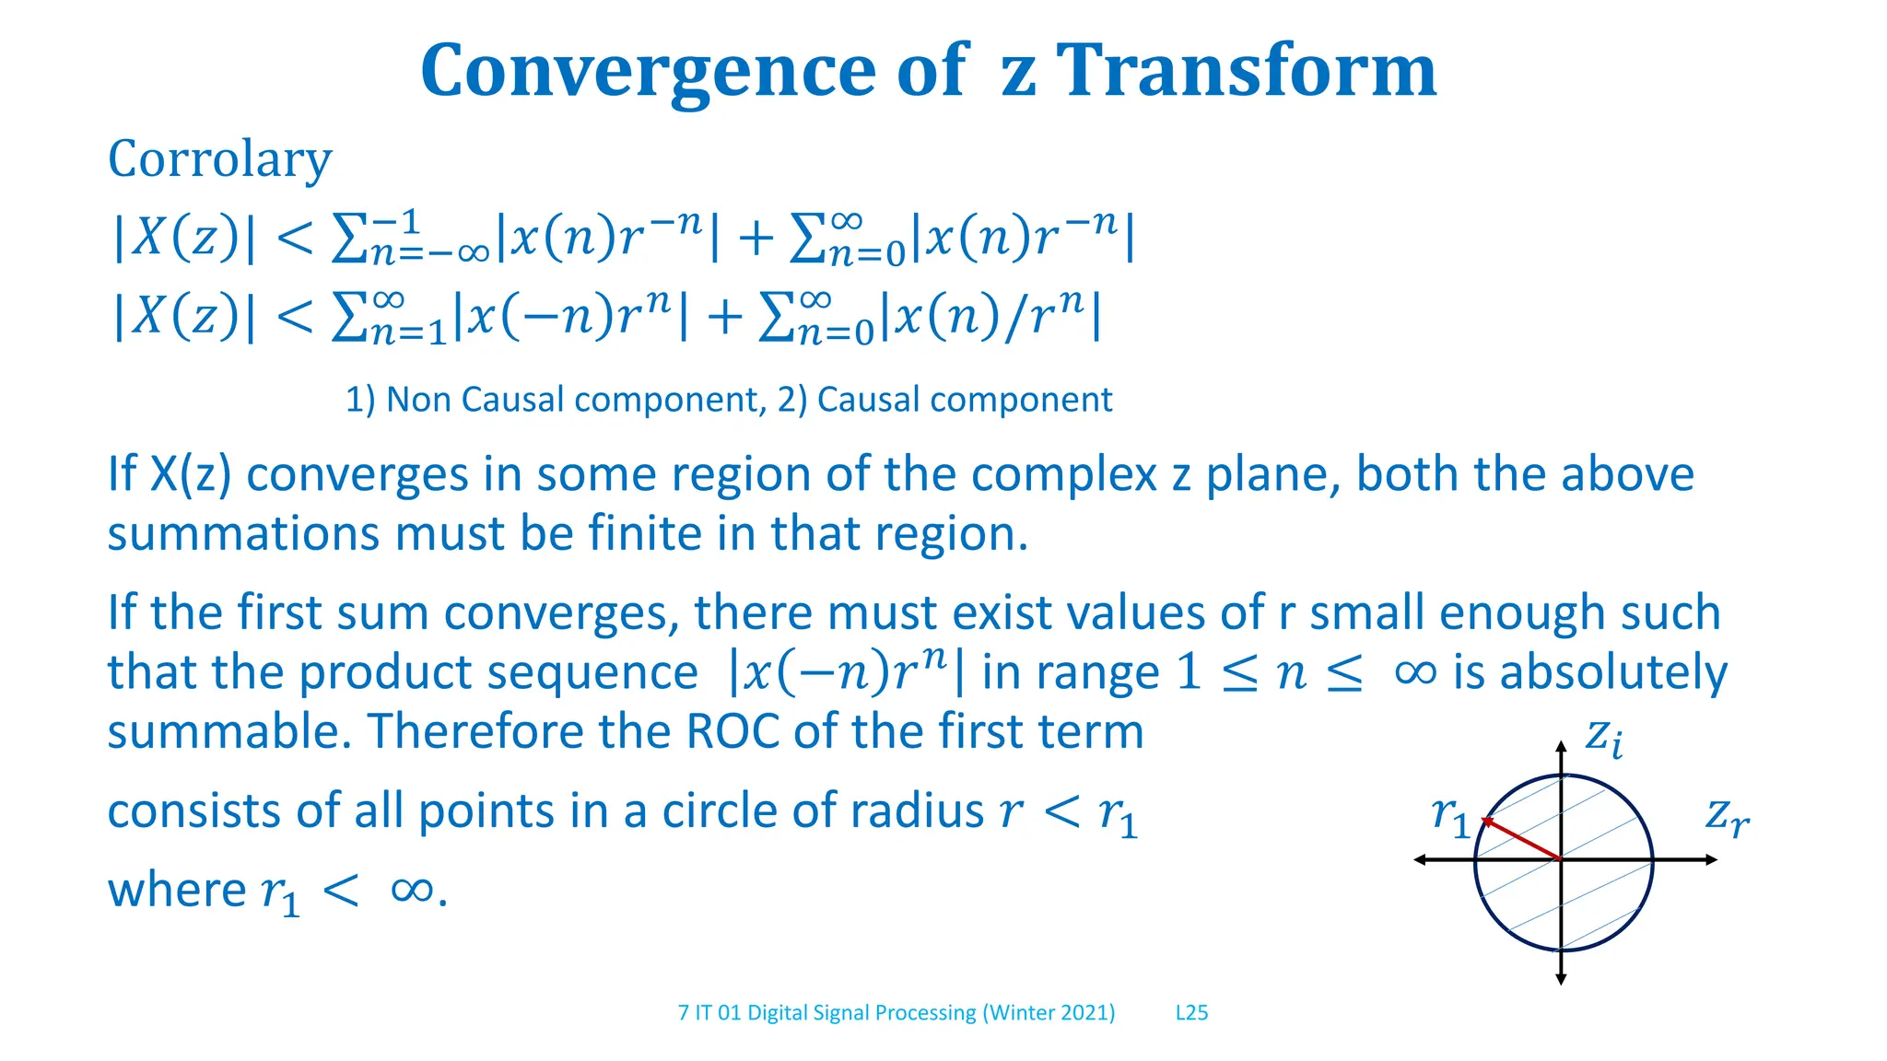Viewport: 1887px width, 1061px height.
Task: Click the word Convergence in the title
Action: (x=648, y=71)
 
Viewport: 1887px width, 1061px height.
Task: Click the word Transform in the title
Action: (x=1246, y=71)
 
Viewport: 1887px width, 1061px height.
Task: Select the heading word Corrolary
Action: (x=219, y=159)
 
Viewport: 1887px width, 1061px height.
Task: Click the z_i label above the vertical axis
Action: (x=1603, y=738)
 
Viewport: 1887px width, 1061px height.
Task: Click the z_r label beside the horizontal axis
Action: (x=1726, y=816)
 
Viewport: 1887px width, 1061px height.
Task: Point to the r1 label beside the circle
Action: (x=1450, y=816)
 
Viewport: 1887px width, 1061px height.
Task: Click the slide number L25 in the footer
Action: (x=1191, y=1012)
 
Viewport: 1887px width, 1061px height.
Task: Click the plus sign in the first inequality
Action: (x=756, y=239)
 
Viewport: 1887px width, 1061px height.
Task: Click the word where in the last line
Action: (x=177, y=891)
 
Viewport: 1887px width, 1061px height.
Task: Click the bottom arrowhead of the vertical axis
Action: (x=1561, y=979)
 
